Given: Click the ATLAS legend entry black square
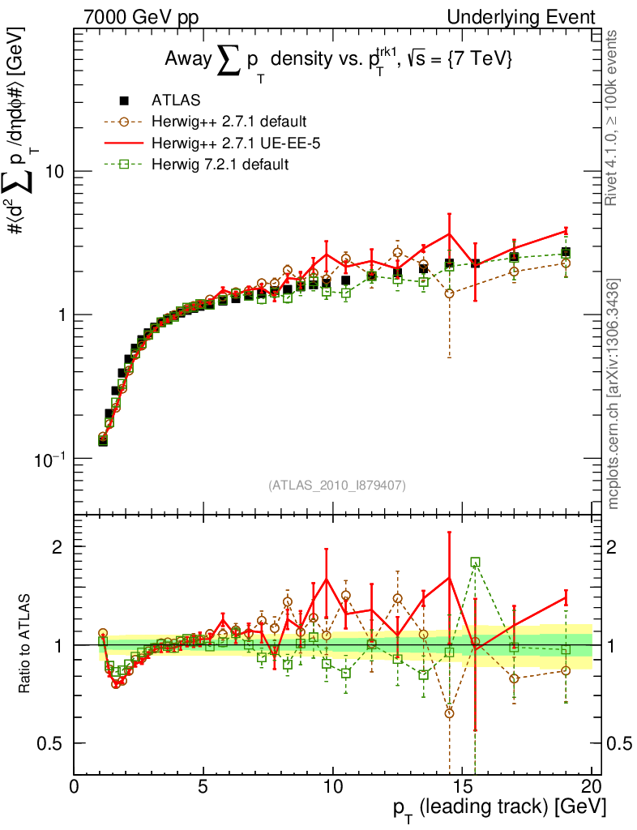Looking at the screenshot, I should tap(124, 101).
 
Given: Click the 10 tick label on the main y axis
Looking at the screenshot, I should tap(54, 172).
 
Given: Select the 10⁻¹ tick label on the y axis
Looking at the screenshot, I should tap(49, 458).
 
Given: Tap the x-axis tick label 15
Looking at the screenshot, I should tap(462, 786).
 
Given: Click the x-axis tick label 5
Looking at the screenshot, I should tap(203, 786).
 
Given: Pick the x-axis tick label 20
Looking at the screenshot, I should tap(592, 786).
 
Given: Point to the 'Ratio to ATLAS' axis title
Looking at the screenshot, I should tap(26, 645).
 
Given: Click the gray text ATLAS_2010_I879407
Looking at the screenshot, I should tap(336, 485).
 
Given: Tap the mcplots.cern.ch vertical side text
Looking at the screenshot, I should tap(613, 393).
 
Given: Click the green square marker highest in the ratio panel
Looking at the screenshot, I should tap(475, 562).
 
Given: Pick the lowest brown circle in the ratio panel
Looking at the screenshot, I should tap(449, 713).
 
